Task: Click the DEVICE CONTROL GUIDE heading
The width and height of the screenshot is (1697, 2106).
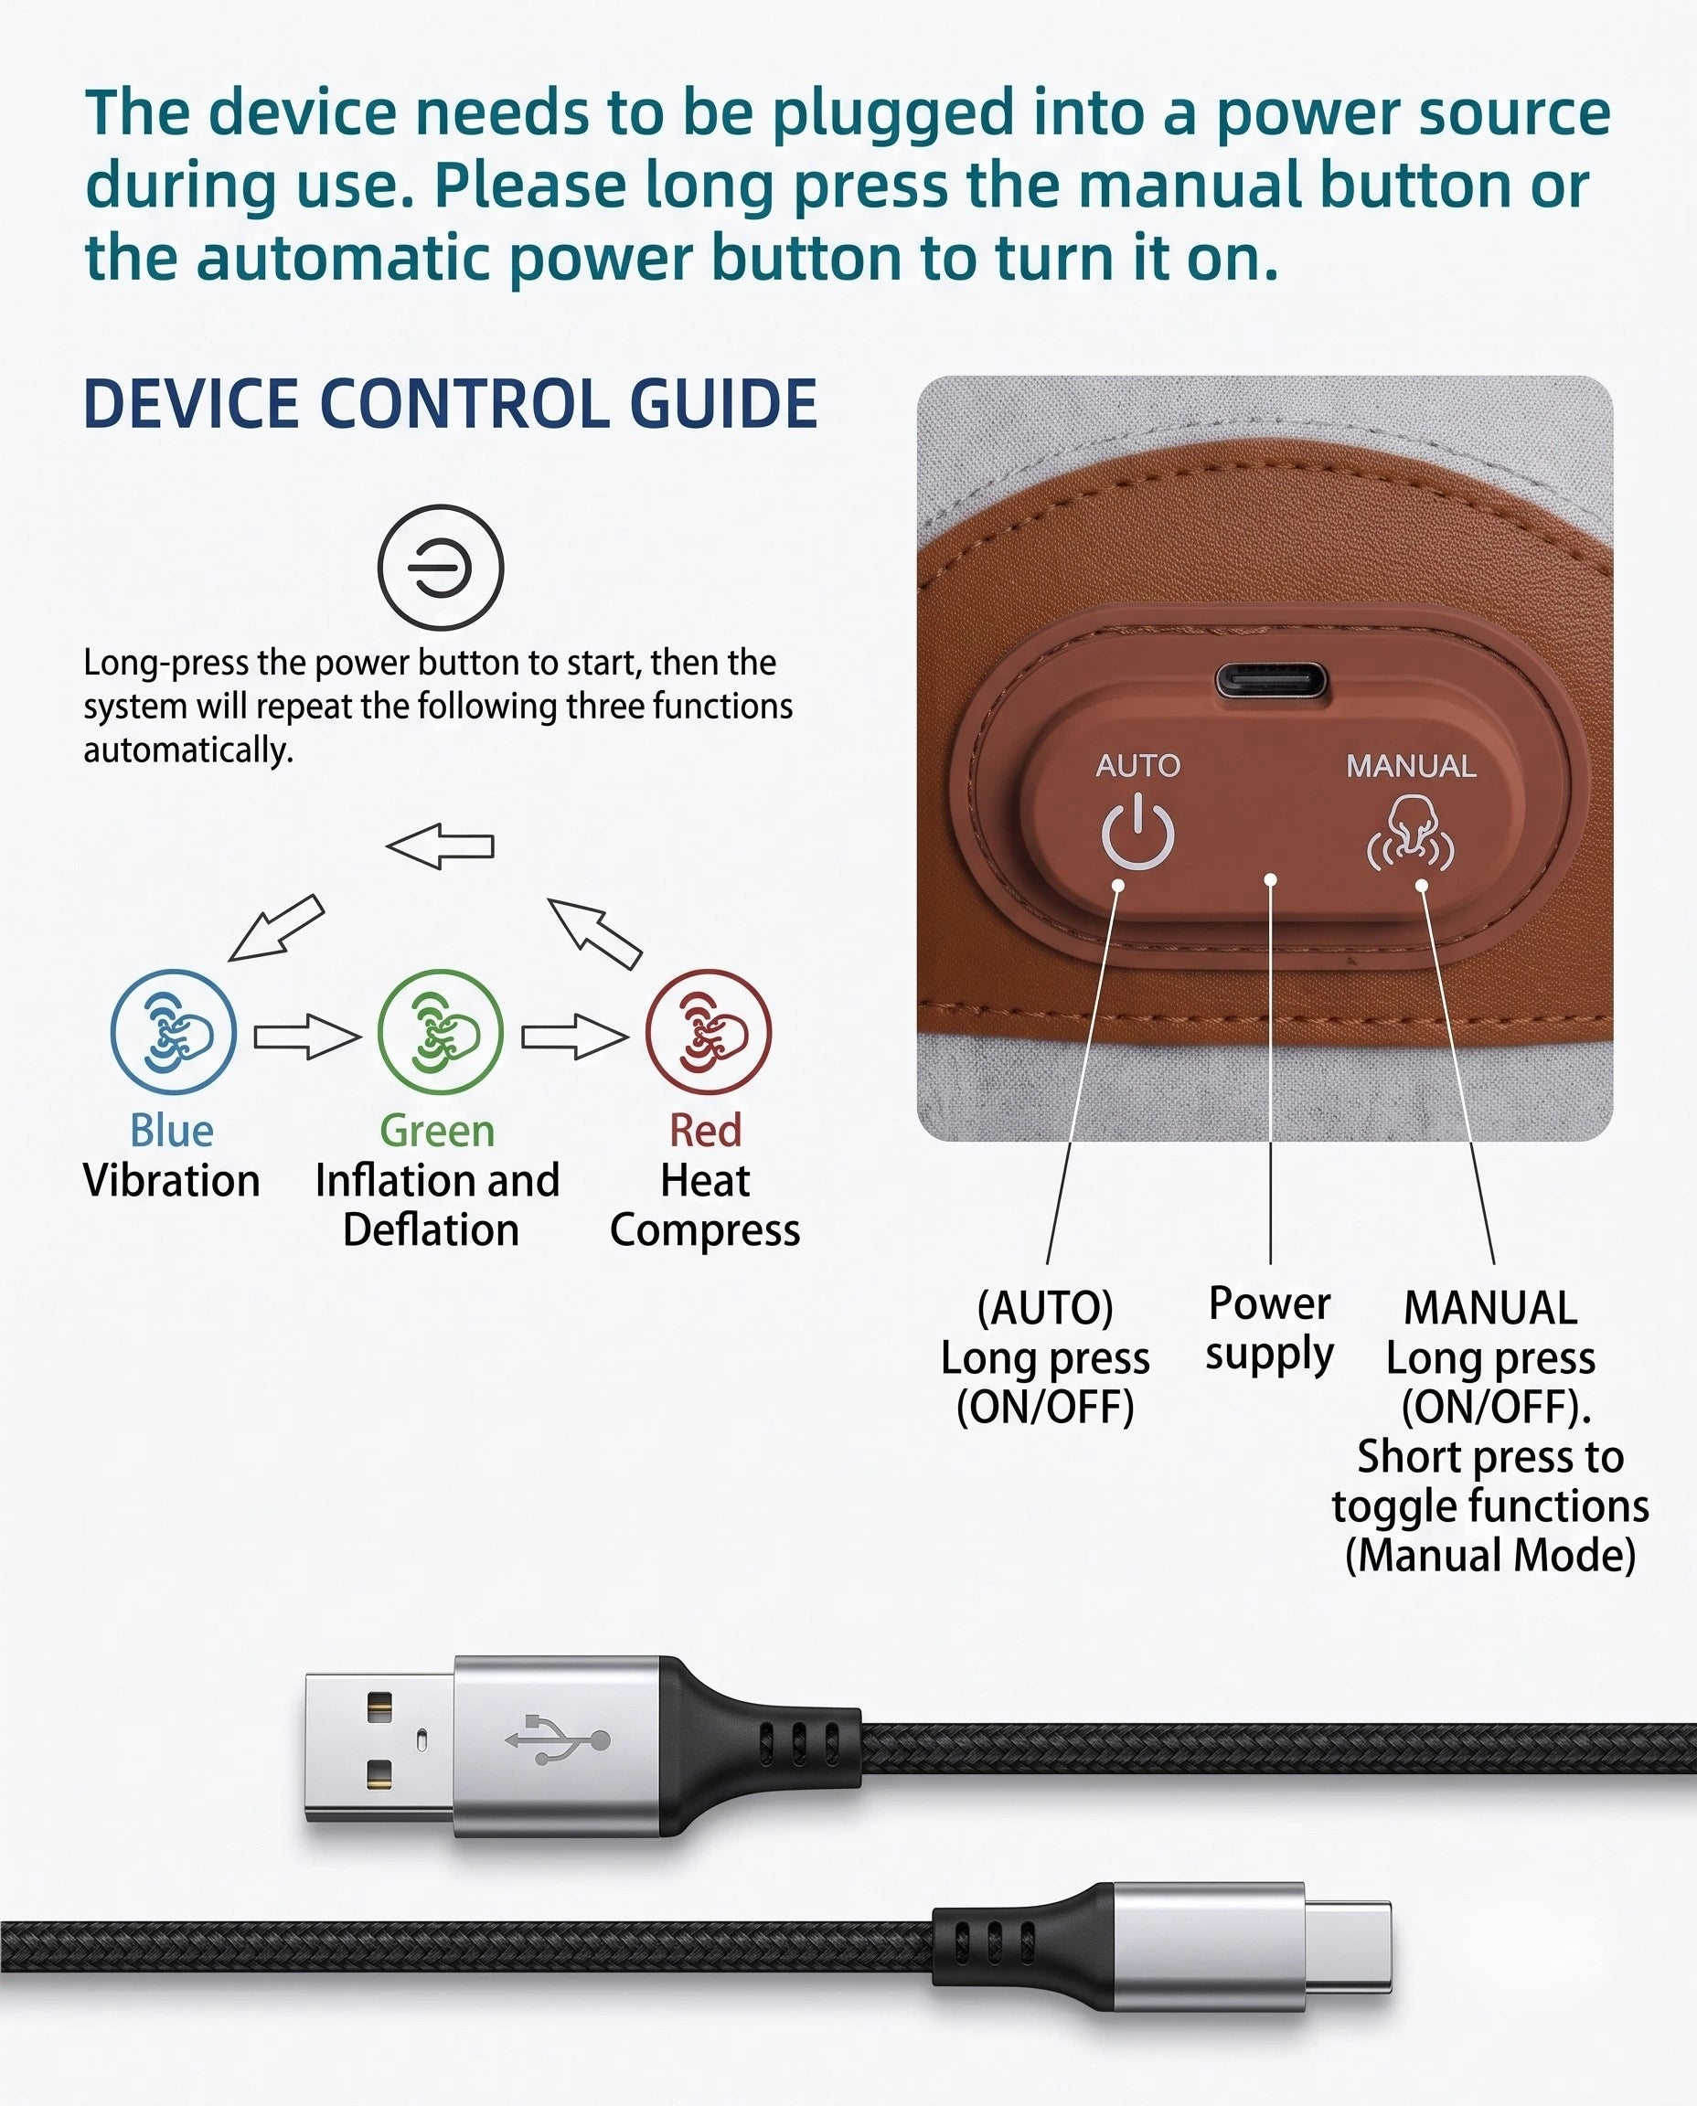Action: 451,404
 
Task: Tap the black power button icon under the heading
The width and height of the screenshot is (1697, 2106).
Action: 441,568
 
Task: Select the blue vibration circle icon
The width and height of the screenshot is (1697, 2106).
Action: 173,1032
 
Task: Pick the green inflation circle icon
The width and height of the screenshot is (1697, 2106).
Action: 441,1032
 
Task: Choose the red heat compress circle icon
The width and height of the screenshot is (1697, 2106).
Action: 709,1032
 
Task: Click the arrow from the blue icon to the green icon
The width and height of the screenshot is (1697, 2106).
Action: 307,1036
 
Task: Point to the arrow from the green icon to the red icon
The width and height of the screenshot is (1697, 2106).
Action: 575,1036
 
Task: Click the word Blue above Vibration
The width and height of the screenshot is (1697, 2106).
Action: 172,1131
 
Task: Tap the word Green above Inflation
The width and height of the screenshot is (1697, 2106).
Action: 437,1131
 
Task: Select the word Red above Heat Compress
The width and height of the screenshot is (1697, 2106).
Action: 706,1131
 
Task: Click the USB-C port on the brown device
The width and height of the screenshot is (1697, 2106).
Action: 1272,680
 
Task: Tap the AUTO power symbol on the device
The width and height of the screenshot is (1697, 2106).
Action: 1137,832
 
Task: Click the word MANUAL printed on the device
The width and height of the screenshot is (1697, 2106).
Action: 1411,766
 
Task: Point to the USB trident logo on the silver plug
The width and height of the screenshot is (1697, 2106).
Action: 557,1739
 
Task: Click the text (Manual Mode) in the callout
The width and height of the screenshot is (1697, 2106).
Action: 1490,1555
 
